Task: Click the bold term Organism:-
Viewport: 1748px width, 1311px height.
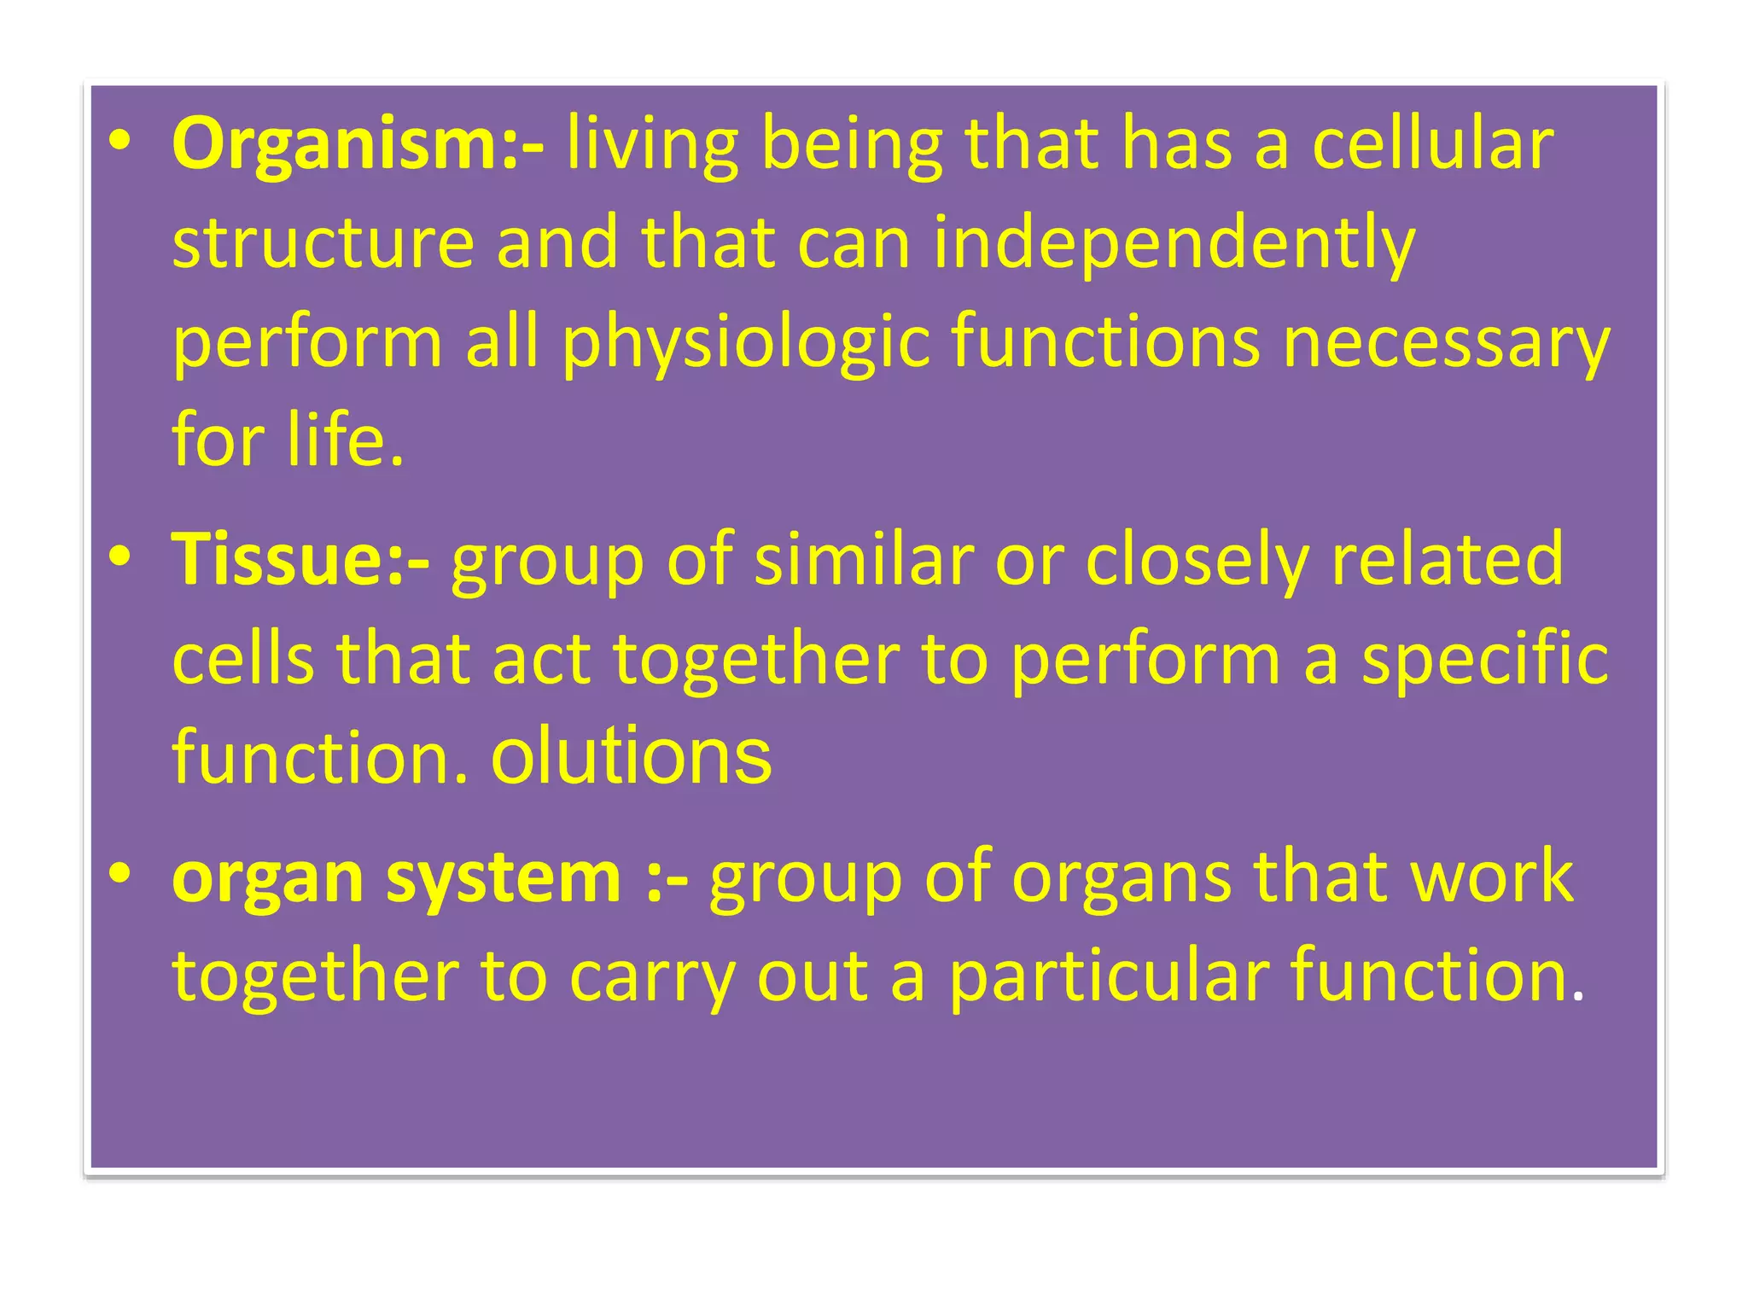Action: [358, 145]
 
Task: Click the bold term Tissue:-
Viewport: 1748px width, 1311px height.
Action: [300, 560]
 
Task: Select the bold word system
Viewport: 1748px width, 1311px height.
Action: [504, 878]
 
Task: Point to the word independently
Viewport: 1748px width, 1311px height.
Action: [1174, 244]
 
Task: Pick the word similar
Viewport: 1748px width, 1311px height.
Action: [863, 560]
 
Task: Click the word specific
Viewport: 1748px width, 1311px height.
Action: [1484, 661]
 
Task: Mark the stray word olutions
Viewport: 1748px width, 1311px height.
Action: [631, 757]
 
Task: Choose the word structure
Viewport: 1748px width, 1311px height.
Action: [323, 244]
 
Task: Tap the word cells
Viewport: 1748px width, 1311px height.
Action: [243, 659]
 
